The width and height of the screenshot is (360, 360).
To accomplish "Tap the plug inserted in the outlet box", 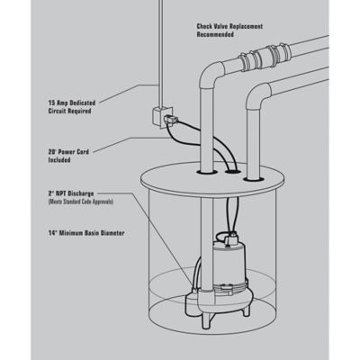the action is point(171,120).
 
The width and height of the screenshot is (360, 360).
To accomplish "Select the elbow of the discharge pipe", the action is point(211,76).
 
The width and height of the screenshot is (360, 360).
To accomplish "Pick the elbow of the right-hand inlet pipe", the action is point(258,96).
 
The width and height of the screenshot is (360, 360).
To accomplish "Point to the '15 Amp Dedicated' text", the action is point(72,103).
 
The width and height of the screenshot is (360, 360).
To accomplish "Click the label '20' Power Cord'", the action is point(68,152).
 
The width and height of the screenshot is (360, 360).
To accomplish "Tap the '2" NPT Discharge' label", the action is point(71,193).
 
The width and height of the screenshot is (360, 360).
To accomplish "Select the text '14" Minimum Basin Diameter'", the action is point(86,233).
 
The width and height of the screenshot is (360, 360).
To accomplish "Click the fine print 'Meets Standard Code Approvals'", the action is point(81,202).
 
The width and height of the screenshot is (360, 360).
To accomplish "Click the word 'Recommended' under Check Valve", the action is point(215,34).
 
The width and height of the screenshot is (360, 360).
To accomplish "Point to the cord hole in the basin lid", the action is point(233,172).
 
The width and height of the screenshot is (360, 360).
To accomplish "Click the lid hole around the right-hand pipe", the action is point(254,179).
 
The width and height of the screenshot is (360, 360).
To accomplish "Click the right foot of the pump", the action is point(246,310).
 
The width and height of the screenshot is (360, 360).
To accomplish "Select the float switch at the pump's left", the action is point(192,298).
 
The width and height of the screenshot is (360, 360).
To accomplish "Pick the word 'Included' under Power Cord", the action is point(59,160).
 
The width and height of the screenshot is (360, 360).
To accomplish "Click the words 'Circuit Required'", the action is point(69,111).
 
